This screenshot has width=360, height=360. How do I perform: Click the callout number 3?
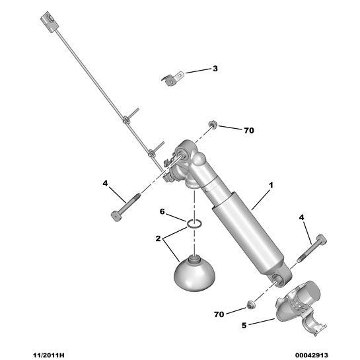215,69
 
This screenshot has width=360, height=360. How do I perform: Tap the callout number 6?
161,211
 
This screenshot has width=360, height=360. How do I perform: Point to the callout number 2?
158,238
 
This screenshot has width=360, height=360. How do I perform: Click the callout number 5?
244,324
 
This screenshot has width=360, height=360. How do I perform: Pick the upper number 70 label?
248,131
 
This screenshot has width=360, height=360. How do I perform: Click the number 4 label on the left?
105,183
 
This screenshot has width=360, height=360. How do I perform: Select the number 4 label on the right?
302,217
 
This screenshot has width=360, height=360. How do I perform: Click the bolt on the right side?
312,250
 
